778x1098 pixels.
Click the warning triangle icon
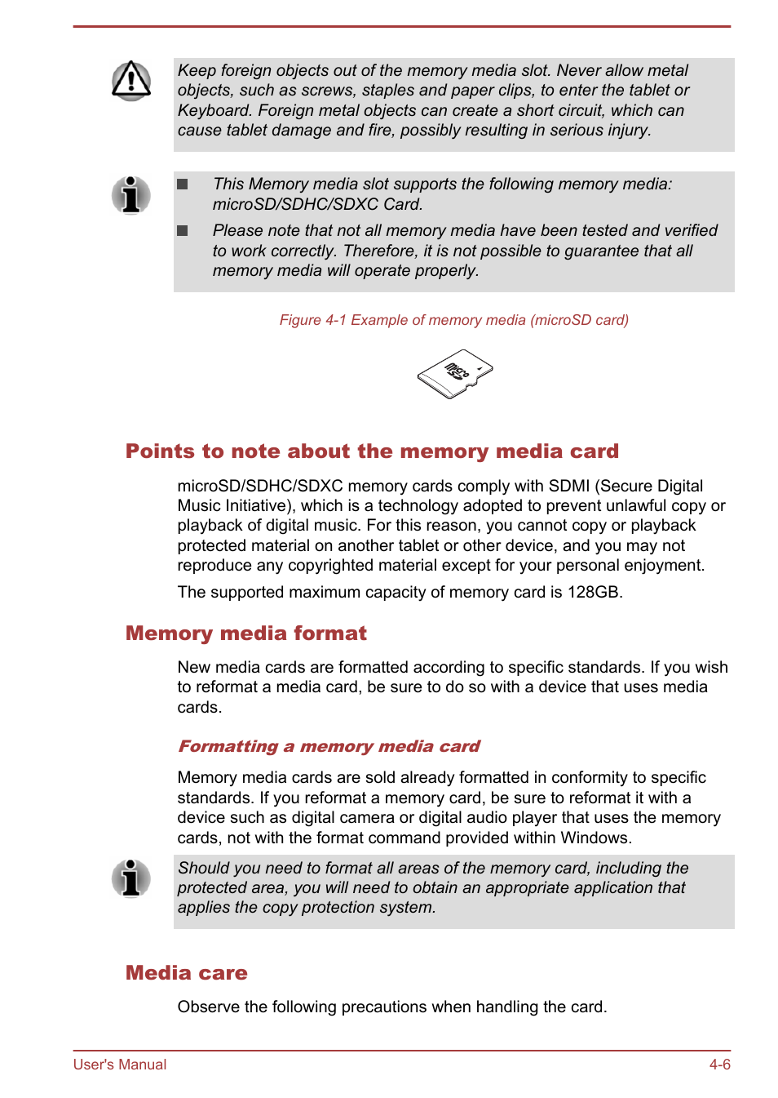tap(131, 80)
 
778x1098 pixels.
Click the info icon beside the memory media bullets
tap(130, 195)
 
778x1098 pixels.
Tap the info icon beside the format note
tap(130, 878)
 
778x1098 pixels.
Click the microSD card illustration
tap(455, 374)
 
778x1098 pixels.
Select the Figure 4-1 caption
tap(453, 320)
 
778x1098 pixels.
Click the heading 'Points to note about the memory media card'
tap(372, 451)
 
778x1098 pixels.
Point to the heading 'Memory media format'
tap(245, 633)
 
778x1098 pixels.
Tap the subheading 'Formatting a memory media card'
tap(329, 746)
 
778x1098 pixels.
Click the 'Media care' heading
tap(186, 973)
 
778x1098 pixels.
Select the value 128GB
tap(595, 592)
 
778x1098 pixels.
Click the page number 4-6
tap(719, 1065)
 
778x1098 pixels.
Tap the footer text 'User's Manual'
tap(120, 1065)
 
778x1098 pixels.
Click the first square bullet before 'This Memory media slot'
tap(183, 184)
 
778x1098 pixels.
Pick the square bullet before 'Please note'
tap(183, 231)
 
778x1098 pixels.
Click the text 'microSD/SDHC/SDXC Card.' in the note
tap(317, 204)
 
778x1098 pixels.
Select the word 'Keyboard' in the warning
tap(214, 110)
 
